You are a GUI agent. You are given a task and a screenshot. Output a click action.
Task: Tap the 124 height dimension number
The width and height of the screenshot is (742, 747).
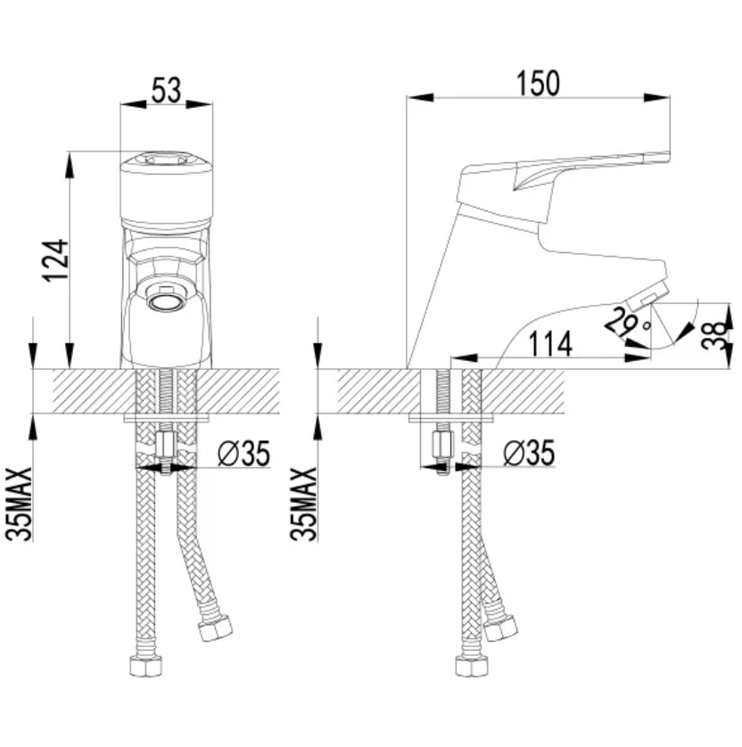coord(56,260)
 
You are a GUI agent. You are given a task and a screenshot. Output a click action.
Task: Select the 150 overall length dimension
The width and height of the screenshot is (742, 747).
coord(538,84)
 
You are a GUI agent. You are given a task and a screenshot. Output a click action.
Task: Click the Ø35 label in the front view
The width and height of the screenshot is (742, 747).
coord(244,453)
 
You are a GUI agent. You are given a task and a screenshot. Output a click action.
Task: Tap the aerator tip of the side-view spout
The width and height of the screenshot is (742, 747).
coord(648,295)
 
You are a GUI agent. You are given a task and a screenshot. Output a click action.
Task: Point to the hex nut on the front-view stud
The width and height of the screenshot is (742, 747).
coord(165,445)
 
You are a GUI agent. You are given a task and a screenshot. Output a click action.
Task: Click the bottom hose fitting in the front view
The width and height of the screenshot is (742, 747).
coord(146,665)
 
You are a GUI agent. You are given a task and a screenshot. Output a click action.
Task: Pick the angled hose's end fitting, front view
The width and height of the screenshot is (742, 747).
coord(216,628)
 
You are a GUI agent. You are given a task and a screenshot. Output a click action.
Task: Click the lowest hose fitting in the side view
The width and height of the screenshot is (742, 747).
coord(472,666)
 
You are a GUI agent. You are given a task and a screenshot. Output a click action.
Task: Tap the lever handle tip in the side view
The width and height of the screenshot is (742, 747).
coord(664,156)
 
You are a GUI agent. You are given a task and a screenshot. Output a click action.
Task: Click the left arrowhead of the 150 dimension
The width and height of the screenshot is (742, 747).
coord(420,98)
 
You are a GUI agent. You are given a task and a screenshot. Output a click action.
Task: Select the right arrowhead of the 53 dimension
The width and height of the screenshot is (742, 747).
coord(199,104)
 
